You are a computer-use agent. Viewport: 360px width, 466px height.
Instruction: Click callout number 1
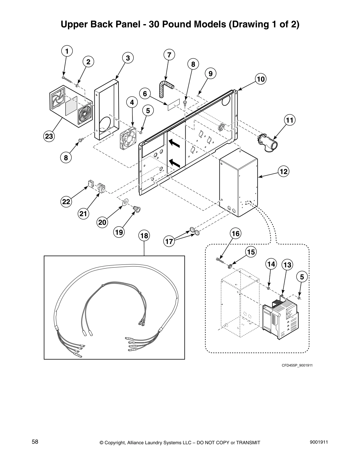tap(67, 51)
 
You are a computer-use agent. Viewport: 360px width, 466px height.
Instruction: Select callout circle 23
tap(49, 136)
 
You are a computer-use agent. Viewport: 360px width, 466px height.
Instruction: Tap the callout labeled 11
tap(290, 120)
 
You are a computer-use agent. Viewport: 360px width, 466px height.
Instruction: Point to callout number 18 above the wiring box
tap(144, 236)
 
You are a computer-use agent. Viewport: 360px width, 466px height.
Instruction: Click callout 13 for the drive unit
tap(287, 265)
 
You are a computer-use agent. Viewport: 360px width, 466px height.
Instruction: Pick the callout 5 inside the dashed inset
tap(302, 277)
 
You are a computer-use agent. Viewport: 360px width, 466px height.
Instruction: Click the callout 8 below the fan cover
tap(66, 158)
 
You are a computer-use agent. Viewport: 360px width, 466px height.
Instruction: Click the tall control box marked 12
tap(238, 182)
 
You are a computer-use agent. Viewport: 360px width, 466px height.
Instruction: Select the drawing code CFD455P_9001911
tap(297, 365)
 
